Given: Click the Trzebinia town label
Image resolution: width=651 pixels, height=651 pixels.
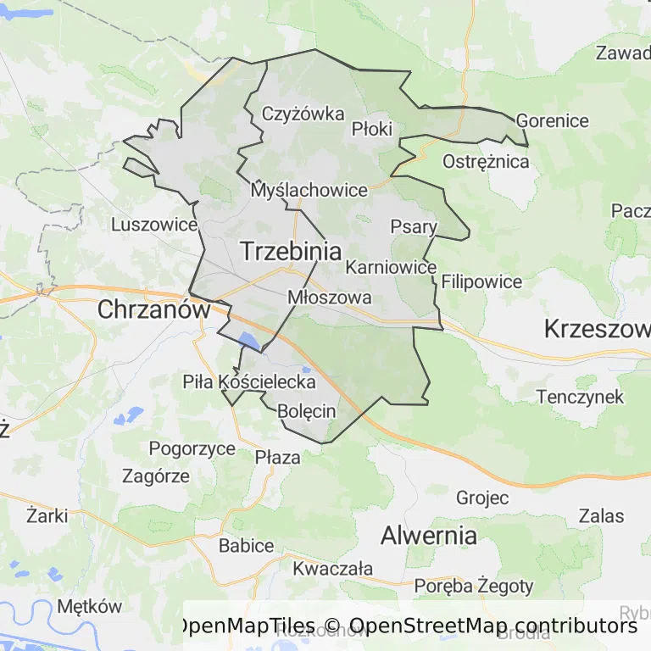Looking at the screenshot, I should (291, 251).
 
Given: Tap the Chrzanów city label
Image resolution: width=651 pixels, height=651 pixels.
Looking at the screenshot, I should (153, 309).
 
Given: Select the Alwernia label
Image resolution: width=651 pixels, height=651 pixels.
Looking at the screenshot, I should (428, 535).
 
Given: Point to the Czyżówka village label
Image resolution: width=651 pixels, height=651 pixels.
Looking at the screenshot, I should (303, 114).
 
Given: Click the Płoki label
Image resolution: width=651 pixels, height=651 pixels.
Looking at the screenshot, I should (372, 129).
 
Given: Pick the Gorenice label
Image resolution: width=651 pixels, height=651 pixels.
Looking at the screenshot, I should (552, 120).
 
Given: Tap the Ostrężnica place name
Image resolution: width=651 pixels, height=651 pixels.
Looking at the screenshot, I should (487, 161).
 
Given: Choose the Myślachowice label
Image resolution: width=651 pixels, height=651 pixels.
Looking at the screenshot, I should (309, 191).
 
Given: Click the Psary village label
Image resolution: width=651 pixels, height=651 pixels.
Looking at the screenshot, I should (414, 226).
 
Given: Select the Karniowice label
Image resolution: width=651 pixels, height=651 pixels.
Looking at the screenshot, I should (391, 267).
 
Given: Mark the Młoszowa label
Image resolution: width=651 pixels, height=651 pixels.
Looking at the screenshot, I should (330, 298).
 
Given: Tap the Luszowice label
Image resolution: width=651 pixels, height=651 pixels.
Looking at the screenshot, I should (154, 225).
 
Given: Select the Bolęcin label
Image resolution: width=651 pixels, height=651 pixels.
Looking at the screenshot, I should (306, 411).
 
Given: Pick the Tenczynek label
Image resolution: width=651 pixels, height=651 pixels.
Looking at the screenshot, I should (580, 396).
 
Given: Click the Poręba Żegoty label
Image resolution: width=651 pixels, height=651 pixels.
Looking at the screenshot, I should (474, 585).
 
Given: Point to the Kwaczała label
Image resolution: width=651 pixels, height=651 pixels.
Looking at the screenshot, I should (333, 568).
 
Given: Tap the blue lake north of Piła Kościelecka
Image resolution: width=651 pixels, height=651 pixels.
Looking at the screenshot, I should (249, 341).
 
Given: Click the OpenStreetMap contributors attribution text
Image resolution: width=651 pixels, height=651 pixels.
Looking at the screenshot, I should (492, 626).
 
